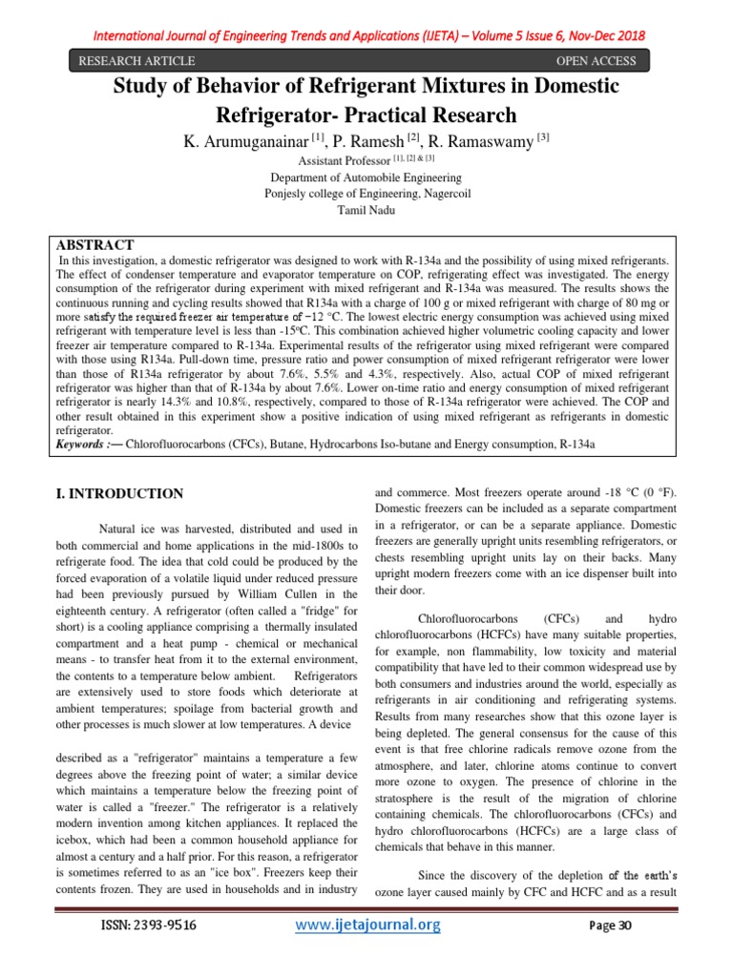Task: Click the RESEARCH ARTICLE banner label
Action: [x=136, y=62]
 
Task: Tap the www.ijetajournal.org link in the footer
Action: [x=366, y=925]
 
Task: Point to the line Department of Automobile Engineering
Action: [x=366, y=177]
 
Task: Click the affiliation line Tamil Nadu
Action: [x=366, y=208]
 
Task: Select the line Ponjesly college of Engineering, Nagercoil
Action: [x=366, y=193]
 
